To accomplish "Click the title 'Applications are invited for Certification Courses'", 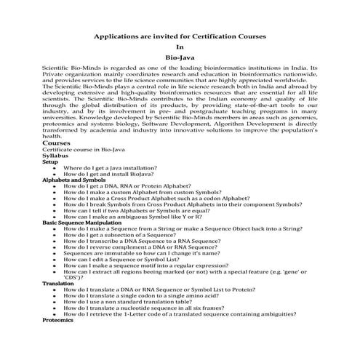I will (180, 35).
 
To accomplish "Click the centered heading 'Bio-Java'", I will (180, 57).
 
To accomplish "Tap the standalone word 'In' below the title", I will (180, 46).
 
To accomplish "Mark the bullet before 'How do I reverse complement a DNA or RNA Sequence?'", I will (55, 246).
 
